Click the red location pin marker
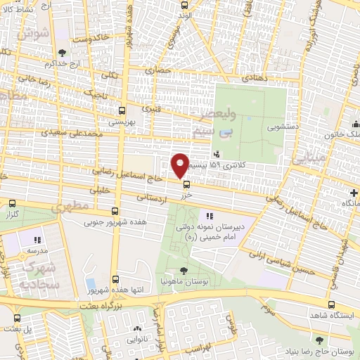pos(180,165)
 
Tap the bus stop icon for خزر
pos(186,185)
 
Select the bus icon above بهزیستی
pos(123,110)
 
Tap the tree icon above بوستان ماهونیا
pos(184,271)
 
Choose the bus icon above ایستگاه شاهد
pos(331,304)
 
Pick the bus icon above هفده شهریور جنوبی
pos(115,211)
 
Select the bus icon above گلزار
pos(11,203)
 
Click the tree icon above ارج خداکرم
pos(63,52)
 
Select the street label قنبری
pos(150,109)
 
